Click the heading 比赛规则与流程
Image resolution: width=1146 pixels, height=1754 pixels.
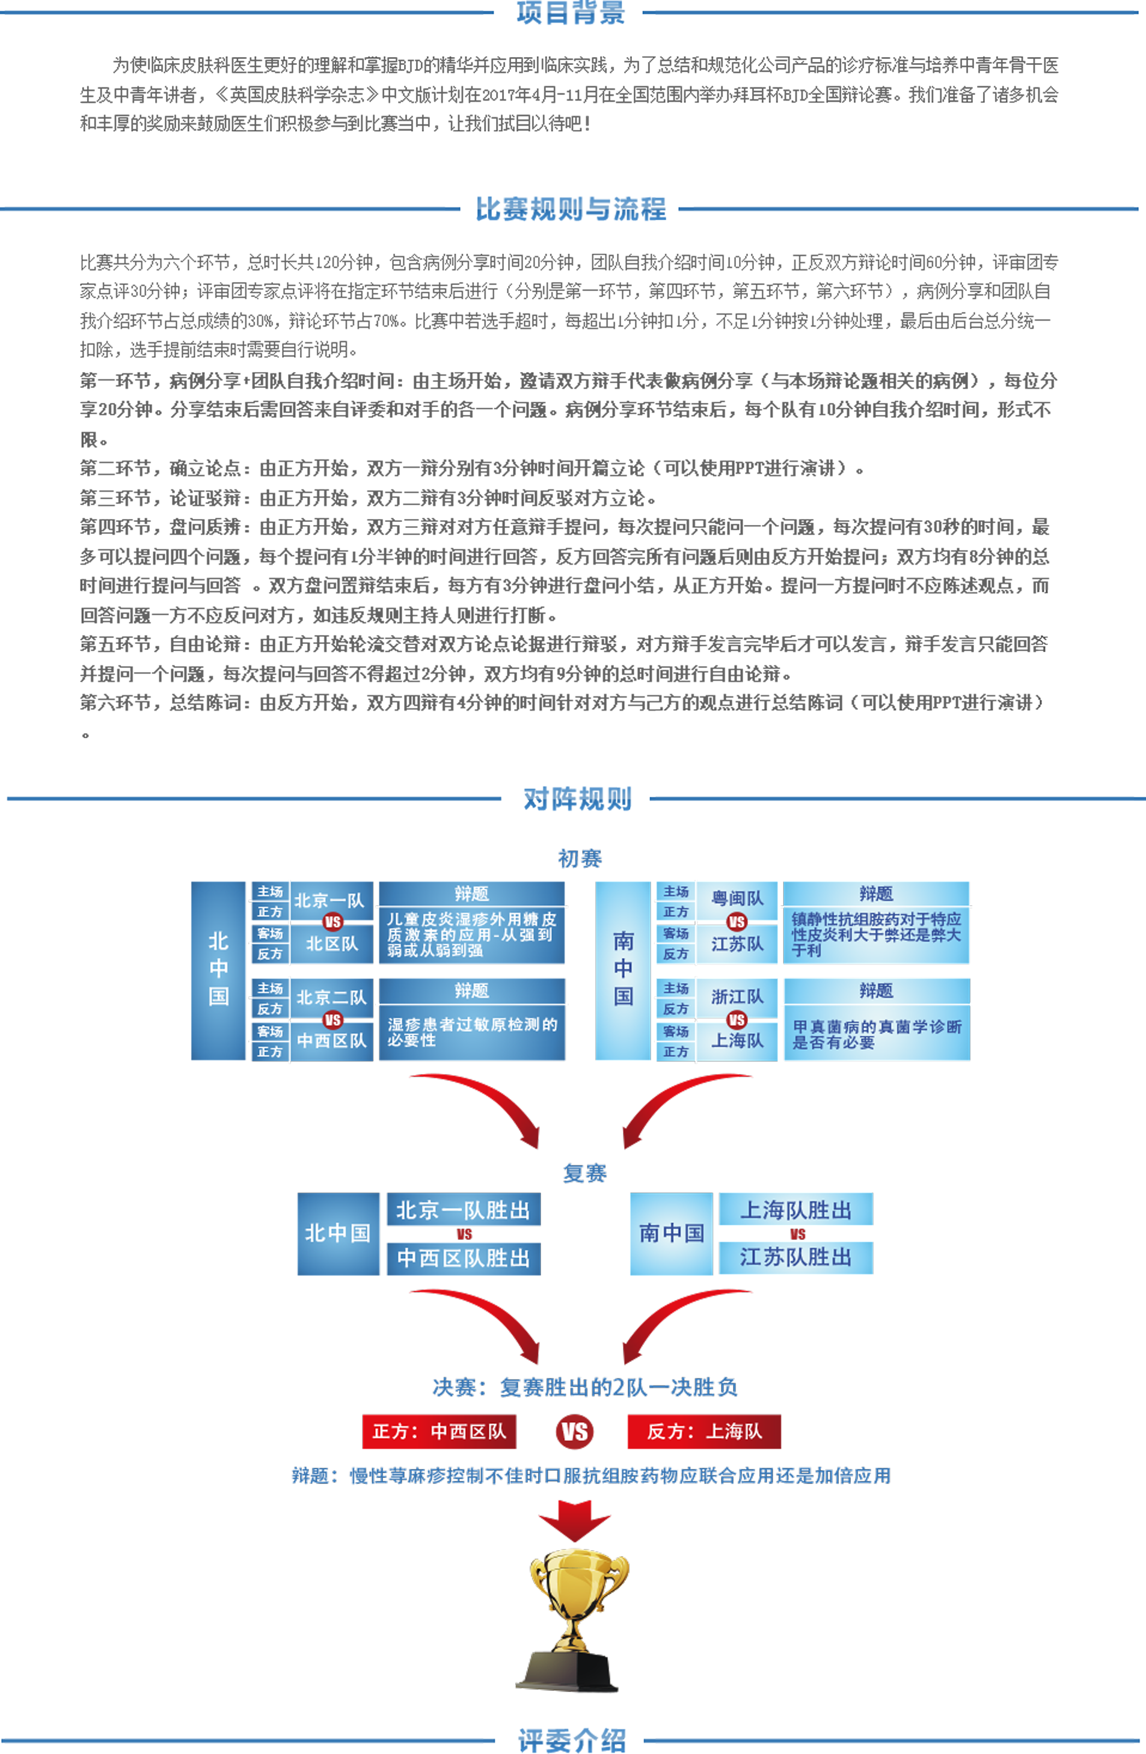coord(571,209)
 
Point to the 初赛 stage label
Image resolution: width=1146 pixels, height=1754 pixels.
coord(580,859)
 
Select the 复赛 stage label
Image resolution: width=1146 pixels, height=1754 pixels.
coord(584,1173)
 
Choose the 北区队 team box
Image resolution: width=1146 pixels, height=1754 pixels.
coord(332,944)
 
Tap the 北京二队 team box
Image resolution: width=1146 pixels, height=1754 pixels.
coord(332,997)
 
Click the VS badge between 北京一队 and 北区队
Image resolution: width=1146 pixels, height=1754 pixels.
coord(332,922)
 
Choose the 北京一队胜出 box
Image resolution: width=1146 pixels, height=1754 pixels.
coord(464,1210)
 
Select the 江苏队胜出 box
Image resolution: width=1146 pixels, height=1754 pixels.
coord(796,1257)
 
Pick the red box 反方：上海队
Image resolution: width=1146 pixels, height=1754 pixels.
coord(704,1431)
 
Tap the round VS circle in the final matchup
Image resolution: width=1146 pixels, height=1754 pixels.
coord(574,1432)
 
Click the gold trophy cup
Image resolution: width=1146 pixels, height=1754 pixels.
coord(575,1617)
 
